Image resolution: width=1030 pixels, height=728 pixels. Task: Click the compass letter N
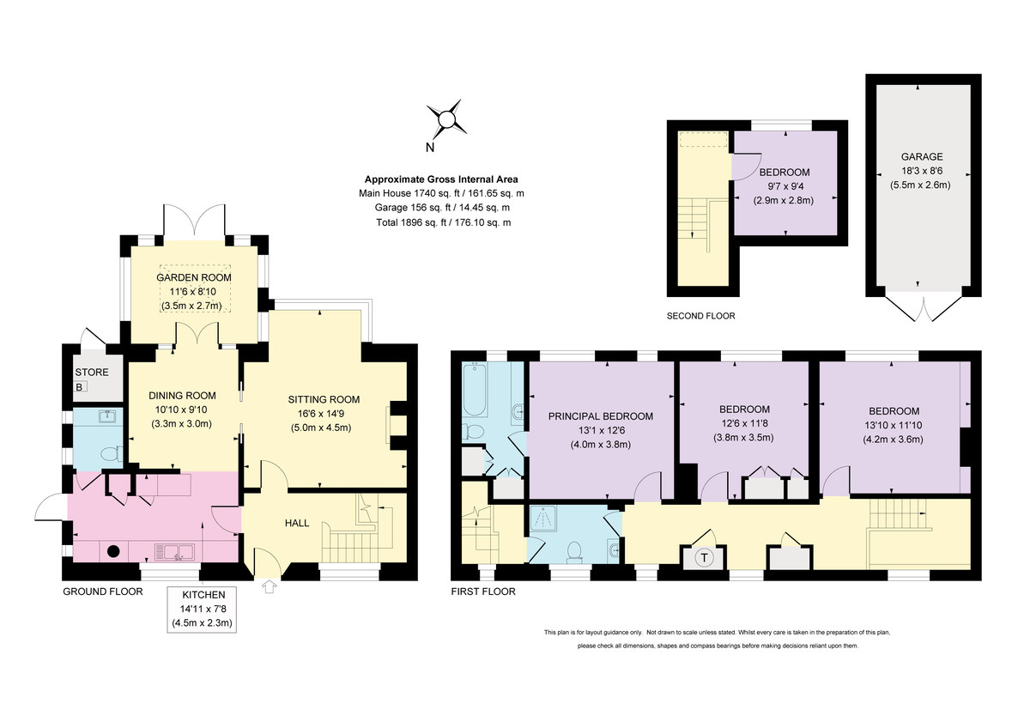tap(430, 148)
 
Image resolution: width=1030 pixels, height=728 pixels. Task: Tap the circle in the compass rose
tap(446, 119)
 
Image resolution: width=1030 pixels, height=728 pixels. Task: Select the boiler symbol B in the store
tap(79, 387)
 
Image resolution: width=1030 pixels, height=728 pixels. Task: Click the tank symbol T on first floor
tap(704, 558)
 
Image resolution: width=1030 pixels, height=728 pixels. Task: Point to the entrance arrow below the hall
tap(269, 586)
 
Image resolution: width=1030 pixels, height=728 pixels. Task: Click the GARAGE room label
tap(922, 157)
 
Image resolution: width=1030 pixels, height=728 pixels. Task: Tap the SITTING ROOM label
tap(324, 400)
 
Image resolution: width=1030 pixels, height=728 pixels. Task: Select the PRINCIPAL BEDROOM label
tap(601, 416)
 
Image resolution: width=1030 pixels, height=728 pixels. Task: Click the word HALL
tap(297, 523)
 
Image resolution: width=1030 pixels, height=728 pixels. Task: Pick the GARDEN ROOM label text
tap(194, 278)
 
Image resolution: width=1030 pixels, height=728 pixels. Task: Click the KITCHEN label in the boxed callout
tap(203, 595)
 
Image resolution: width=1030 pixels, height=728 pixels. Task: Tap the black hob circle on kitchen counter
tap(113, 550)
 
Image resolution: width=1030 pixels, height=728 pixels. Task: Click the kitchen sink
tap(174, 551)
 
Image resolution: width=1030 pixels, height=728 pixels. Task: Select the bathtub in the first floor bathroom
tap(475, 389)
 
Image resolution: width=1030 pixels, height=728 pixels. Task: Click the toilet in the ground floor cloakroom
tap(112, 454)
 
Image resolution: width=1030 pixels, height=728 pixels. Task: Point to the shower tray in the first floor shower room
tap(543, 519)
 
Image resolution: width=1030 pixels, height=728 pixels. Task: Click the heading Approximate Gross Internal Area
tap(441, 179)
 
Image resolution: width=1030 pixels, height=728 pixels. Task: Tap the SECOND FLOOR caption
tap(700, 316)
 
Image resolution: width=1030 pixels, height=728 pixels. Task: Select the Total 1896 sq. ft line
tap(443, 222)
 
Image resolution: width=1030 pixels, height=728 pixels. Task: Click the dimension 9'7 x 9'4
tap(785, 186)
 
